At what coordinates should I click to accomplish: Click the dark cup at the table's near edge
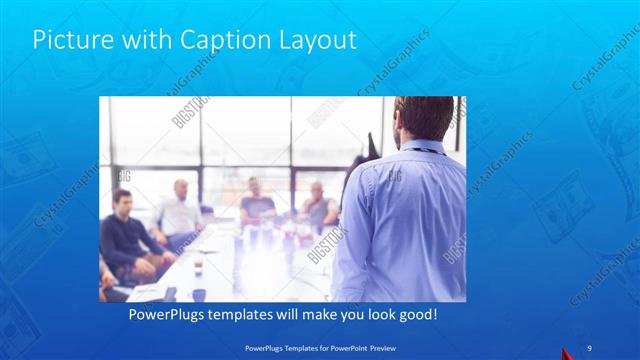[199, 295]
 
